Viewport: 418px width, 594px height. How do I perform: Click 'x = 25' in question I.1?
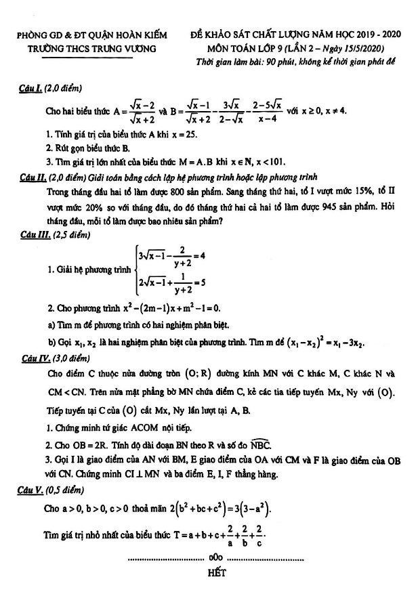[x=182, y=134]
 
